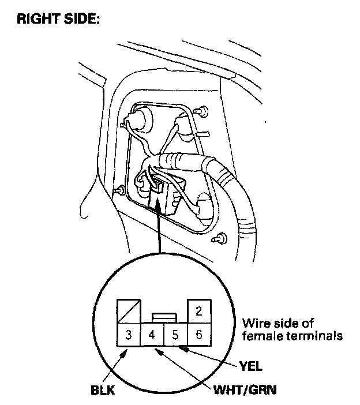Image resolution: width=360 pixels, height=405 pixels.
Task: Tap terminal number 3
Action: tap(129, 334)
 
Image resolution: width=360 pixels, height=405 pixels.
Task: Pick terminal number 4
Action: tap(152, 334)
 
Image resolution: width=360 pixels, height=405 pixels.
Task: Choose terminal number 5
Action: tap(175, 334)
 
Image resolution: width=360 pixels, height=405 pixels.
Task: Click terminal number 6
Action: tap(198, 334)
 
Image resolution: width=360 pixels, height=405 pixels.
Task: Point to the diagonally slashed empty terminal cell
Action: tap(129, 312)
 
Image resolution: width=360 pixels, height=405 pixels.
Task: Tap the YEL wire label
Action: tap(252, 365)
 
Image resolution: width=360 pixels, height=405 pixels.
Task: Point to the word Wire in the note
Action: tap(254, 323)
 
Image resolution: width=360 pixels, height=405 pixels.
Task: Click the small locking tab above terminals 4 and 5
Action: tap(164, 317)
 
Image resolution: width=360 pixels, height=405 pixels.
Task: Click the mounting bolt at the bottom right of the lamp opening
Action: tap(219, 238)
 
